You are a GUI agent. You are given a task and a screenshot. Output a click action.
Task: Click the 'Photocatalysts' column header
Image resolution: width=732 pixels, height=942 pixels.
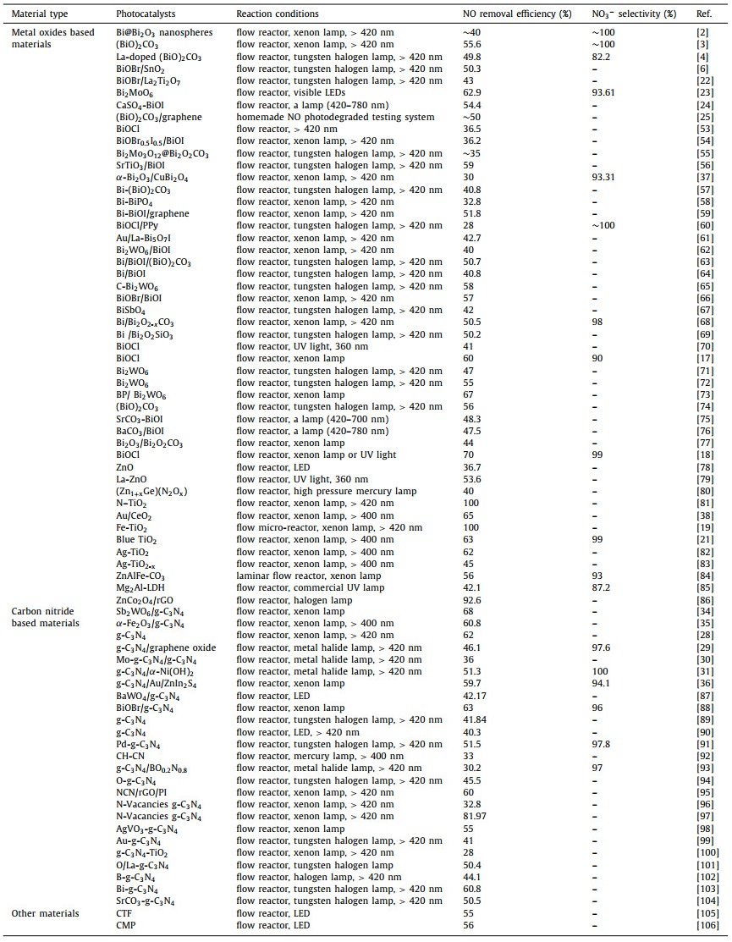click(x=143, y=14)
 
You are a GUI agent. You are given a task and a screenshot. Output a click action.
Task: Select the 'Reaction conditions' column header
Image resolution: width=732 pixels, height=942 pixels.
click(x=278, y=14)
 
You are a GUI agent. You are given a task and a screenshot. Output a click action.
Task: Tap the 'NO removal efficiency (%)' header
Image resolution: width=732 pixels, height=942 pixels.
click(x=517, y=14)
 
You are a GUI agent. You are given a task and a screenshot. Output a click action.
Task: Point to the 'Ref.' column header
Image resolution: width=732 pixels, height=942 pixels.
click(x=703, y=14)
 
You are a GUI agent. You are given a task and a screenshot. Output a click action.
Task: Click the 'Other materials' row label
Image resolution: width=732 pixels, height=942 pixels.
click(x=45, y=913)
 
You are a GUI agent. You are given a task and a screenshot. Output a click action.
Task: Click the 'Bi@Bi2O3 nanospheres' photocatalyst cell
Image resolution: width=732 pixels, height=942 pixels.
click(x=164, y=32)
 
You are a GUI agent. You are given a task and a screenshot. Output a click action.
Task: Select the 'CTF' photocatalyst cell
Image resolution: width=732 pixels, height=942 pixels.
click(x=124, y=913)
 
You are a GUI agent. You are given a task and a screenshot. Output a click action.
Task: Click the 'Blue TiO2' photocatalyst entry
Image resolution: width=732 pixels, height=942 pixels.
click(x=136, y=539)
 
